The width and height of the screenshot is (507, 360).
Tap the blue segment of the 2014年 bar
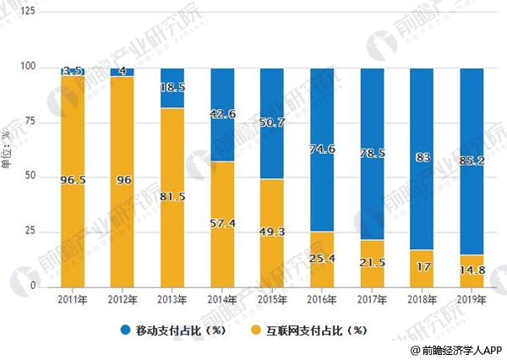pyautogui.click(x=222, y=114)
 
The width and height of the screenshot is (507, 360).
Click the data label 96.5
pyautogui.click(x=73, y=180)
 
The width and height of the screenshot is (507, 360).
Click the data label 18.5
pyautogui.click(x=172, y=86)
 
